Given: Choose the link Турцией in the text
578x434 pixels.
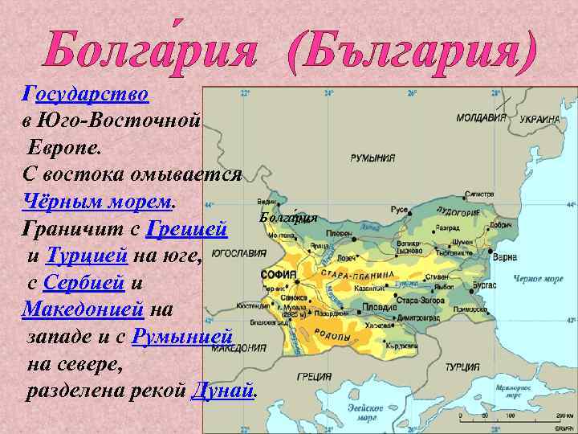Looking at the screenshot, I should (x=88, y=256).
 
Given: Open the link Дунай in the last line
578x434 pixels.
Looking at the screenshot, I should (x=222, y=391).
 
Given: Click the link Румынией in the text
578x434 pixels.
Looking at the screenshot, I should (x=183, y=336).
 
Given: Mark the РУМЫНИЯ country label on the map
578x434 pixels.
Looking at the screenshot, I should (x=372, y=158).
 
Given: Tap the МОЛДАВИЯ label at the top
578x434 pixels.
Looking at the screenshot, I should (x=481, y=117).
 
